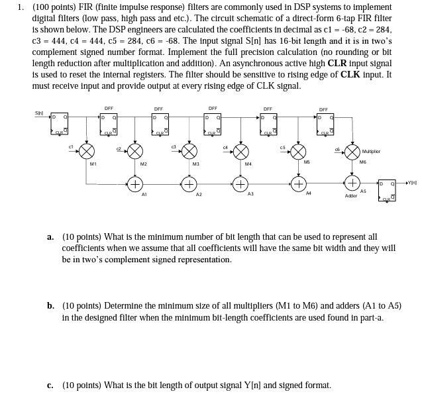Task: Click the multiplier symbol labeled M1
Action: (86, 150)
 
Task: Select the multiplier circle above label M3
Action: (190, 150)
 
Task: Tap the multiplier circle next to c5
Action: (299, 150)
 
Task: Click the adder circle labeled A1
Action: (134, 183)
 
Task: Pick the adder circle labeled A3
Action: (240, 183)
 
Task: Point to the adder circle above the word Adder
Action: (352, 182)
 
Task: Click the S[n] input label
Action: (39, 113)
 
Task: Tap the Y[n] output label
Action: (412, 181)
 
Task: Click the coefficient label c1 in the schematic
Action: (71, 146)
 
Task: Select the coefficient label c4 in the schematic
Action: (225, 146)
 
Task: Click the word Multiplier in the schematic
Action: (371, 152)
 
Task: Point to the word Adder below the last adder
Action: (351, 196)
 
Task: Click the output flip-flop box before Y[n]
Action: (387, 190)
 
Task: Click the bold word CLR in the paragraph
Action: (338, 64)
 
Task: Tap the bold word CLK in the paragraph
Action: (350, 75)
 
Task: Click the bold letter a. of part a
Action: (51, 236)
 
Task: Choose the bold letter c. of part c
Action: (50, 385)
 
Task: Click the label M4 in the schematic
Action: (248, 164)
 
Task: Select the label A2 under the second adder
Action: (198, 195)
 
